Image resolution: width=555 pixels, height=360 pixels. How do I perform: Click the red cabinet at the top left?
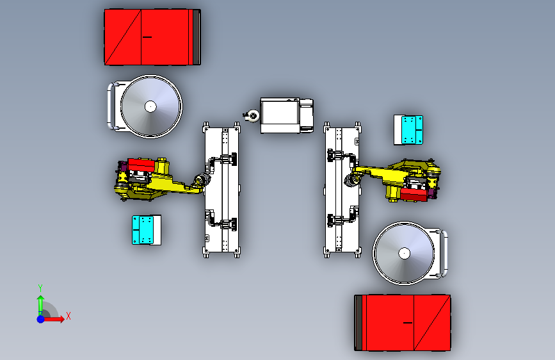pyautogui.click(x=152, y=37)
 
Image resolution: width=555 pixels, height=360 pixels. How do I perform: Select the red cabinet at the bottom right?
pyautogui.click(x=403, y=323)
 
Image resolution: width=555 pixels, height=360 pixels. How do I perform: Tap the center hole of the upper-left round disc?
pyautogui.click(x=150, y=106)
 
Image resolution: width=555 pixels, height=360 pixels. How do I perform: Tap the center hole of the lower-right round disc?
pyautogui.click(x=404, y=254)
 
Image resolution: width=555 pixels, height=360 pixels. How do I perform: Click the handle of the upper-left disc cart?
pyautogui.click(x=109, y=106)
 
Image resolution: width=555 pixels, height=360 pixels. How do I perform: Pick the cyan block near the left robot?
pyautogui.click(x=146, y=230)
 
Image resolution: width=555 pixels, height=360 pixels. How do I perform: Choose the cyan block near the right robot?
pyautogui.click(x=408, y=130)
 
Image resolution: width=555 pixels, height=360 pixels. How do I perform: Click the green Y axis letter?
pyautogui.click(x=40, y=288)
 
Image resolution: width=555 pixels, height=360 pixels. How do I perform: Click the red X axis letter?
pyautogui.click(x=68, y=316)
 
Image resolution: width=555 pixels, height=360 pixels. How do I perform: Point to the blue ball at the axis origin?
pyautogui.click(x=41, y=319)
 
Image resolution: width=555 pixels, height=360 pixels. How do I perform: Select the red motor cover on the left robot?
pyautogui.click(x=141, y=165)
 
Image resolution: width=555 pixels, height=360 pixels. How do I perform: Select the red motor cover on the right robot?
pyautogui.click(x=414, y=195)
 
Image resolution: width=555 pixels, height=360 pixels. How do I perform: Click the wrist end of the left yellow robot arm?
pyautogui.click(x=202, y=179)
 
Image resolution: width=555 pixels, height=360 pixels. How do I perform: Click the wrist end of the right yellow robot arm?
pyautogui.click(x=353, y=179)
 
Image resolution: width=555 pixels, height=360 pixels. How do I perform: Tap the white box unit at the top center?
pyautogui.click(x=287, y=115)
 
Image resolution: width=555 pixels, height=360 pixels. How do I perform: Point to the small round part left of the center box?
pyautogui.click(x=252, y=116)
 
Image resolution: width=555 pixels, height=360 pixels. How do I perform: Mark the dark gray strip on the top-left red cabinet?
pyautogui.click(x=196, y=37)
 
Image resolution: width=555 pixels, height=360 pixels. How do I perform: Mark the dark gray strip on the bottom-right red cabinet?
pyautogui.click(x=358, y=323)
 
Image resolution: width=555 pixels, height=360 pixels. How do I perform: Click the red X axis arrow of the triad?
pyautogui.click(x=53, y=319)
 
